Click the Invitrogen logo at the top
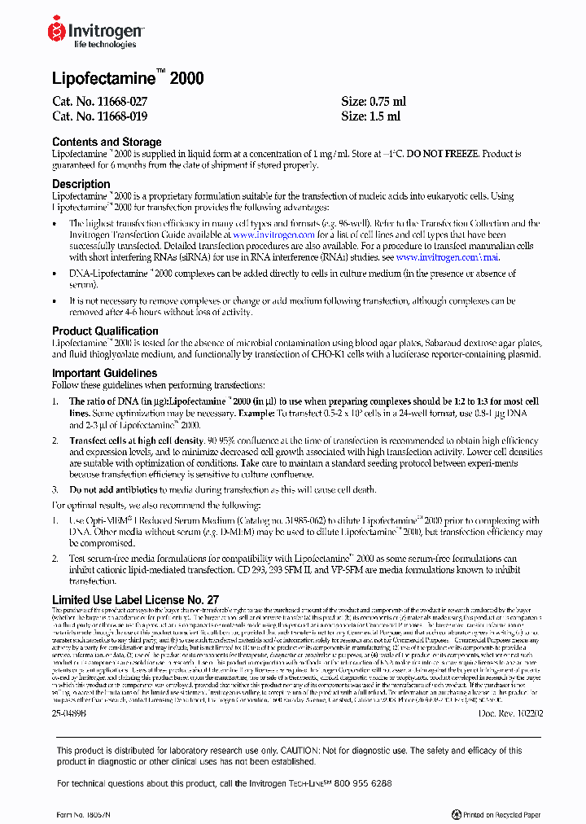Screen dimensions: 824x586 [96, 33]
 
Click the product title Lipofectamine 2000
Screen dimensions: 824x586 [128, 79]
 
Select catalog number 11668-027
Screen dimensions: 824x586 [99, 102]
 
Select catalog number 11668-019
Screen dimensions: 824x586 [99, 116]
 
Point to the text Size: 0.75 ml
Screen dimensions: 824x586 [373, 102]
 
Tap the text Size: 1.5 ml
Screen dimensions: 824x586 [370, 116]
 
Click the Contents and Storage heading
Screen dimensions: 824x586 [107, 142]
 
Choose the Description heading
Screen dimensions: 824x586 [81, 184]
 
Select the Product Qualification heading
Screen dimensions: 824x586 [105, 331]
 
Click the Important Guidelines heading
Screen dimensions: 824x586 [104, 373]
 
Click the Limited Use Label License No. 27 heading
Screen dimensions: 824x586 [135, 600]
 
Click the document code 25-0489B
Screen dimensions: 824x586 [68, 713]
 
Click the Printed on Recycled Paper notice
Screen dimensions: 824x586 [496, 813]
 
